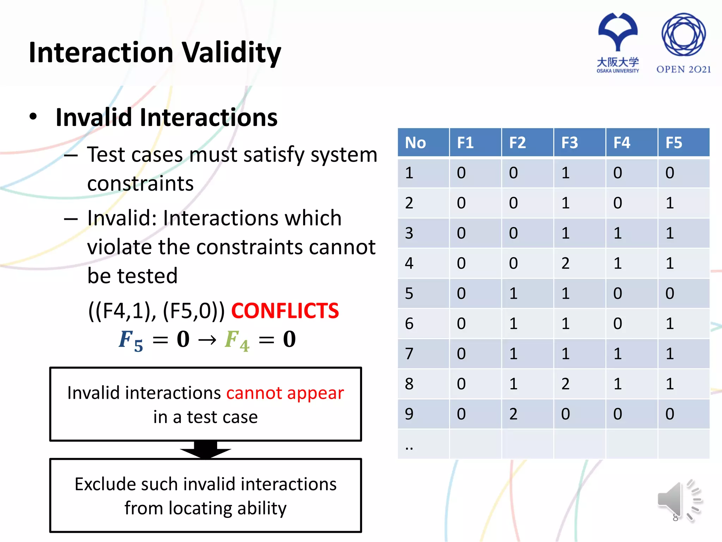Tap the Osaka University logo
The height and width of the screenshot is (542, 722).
click(x=618, y=42)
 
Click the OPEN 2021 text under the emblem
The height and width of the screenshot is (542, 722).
click(x=683, y=70)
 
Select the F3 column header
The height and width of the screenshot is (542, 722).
click(x=570, y=143)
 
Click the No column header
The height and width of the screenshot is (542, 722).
click(x=416, y=143)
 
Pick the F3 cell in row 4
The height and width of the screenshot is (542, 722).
click(x=565, y=263)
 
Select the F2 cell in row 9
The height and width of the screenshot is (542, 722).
click(x=513, y=414)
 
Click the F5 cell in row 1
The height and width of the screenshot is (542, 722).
click(x=669, y=173)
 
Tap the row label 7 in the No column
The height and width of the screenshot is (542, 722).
click(x=409, y=354)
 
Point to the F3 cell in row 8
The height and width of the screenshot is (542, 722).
click(x=565, y=384)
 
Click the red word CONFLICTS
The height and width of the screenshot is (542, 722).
click(x=285, y=311)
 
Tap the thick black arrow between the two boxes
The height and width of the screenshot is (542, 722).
click(x=206, y=450)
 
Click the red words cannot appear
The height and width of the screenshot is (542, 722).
click(x=285, y=393)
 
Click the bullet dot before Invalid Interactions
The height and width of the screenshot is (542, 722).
click(x=33, y=117)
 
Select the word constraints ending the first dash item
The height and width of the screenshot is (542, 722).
click(x=140, y=183)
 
